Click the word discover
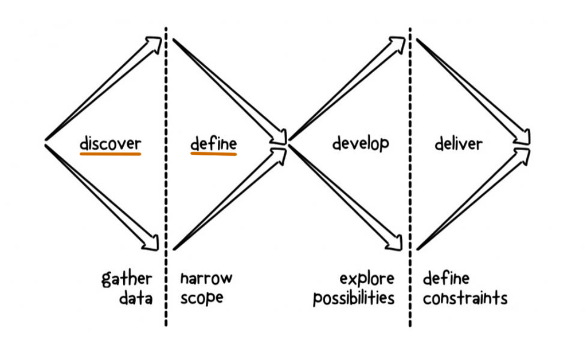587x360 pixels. pyautogui.click(x=110, y=142)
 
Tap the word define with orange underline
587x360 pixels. pyautogui.click(x=213, y=142)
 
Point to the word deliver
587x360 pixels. pyautogui.click(x=458, y=143)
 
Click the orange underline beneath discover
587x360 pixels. pyautogui.click(x=110, y=154)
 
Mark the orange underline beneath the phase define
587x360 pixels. pyautogui.click(x=213, y=154)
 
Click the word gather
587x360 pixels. pyautogui.click(x=127, y=280)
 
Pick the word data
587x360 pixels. pyautogui.click(x=136, y=299)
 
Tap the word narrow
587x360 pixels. pyautogui.click(x=206, y=279)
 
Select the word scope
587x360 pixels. pyautogui.click(x=201, y=299)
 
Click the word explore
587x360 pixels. pyautogui.click(x=367, y=279)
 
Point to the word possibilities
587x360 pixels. pyautogui.click(x=354, y=299)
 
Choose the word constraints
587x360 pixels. pyautogui.click(x=465, y=299)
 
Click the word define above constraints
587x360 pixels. pyautogui.click(x=446, y=279)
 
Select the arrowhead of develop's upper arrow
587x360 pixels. pyautogui.click(x=398, y=42)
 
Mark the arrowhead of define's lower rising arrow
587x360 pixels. pyautogui.click(x=280, y=152)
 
